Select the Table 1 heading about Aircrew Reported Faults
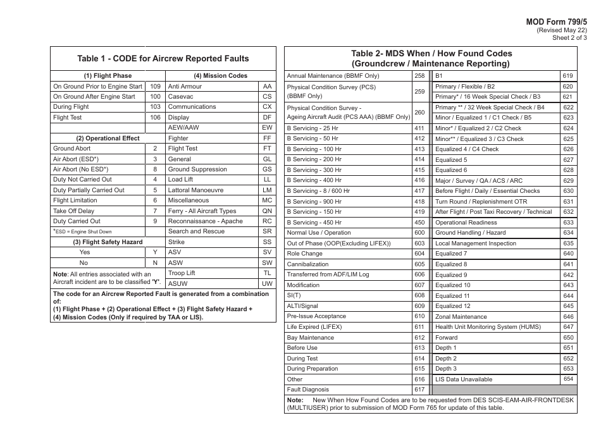pyautogui.click(x=163, y=59)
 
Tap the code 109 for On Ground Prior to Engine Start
pyautogui.click(x=156, y=87)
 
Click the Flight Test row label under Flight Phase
pyautogui.click(x=68, y=118)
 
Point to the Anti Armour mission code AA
pyautogui.click(x=267, y=87)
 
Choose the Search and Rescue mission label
pyautogui.click(x=196, y=231)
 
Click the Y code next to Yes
pyautogui.click(x=155, y=252)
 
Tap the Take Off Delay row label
pyautogui.click(x=74, y=211)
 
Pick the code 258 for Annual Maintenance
pyautogui.click(x=419, y=76)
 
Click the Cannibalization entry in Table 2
pyautogui.click(x=308, y=264)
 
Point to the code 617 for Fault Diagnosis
pyautogui.click(x=419, y=390)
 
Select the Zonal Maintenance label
pyautogui.click(x=461, y=317)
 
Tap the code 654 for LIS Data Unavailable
pyautogui.click(x=568, y=379)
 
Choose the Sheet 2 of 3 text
pyautogui.click(x=569, y=38)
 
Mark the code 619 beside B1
pyautogui.click(x=568, y=76)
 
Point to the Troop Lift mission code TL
pyautogui.click(x=267, y=273)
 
